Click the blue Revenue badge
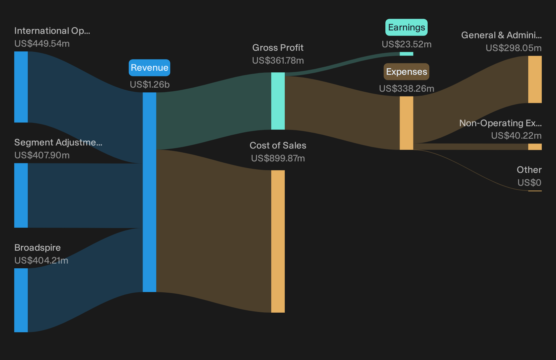tap(149, 68)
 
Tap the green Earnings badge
tap(406, 27)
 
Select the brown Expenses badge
tap(406, 71)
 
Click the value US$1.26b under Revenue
tap(150, 85)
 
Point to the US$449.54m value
tap(42, 44)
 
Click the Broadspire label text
tap(38, 248)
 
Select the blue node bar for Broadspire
tap(21, 300)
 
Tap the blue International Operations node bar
tap(21, 87)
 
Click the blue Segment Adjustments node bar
tap(21, 195)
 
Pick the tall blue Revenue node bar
tap(149, 192)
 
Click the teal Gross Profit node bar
tap(278, 101)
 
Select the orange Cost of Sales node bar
tap(278, 241)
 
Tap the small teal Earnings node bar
tap(406, 54)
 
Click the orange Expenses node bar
tap(406, 123)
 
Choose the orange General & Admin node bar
tap(535, 80)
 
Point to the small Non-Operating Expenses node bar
tap(535, 147)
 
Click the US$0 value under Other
tap(529, 183)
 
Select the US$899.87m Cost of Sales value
tap(278, 158)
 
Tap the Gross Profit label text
tap(278, 48)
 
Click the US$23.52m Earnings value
tap(407, 44)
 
